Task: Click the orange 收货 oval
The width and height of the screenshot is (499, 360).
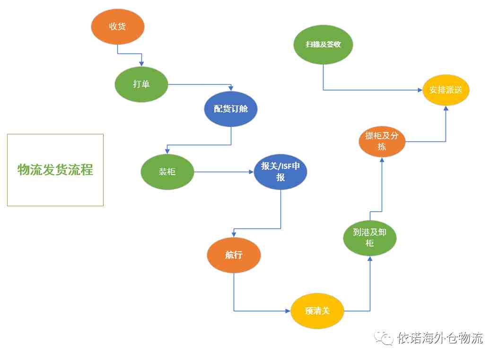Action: coord(118,27)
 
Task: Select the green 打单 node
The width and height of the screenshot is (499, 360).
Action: coord(141,84)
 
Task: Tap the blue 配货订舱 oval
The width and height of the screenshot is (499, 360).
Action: coord(231,109)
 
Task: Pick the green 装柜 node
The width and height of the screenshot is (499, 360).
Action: coord(167,172)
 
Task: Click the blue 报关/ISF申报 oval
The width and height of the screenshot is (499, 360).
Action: coord(280,172)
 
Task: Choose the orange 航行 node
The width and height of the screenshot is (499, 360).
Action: coord(234,255)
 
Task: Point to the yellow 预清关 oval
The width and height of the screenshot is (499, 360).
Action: coord(317,311)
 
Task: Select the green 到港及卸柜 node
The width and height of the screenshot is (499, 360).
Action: coord(370,238)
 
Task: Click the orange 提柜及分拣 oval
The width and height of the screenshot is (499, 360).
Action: coord(382,141)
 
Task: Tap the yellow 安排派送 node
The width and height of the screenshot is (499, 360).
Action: coord(446,90)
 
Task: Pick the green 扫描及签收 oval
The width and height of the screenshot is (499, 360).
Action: coord(323,44)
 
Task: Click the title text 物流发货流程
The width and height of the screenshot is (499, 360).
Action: coord(55,170)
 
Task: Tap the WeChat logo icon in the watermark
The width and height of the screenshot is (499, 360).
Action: coord(384,338)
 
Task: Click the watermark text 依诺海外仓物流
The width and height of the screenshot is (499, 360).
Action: coord(440,338)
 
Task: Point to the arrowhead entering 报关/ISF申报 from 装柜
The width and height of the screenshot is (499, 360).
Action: coord(252,172)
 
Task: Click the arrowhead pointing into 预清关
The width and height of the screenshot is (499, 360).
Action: coord(288,311)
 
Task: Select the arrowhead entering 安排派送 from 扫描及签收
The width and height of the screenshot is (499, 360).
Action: coord(420,90)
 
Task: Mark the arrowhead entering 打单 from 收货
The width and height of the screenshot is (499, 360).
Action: coord(141,64)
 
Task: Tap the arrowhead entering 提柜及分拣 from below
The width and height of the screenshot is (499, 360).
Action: coord(382,160)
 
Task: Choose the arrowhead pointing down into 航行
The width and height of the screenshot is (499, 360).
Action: coord(234,235)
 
